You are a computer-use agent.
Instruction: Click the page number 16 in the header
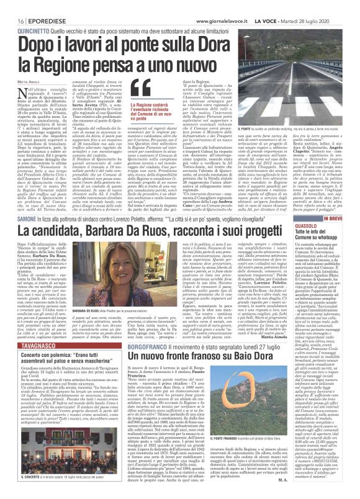pyautogui.click(x=11, y=6)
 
